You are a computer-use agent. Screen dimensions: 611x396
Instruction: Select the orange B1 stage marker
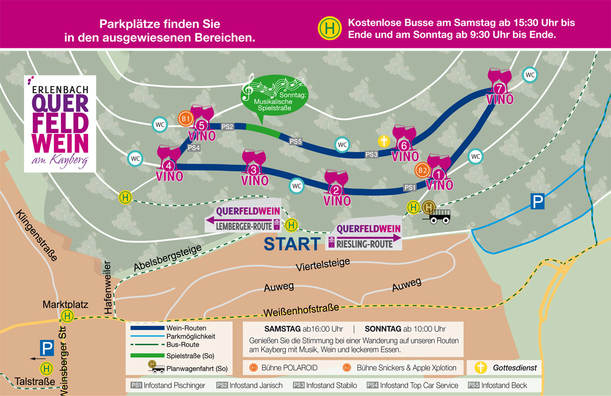point(185,119)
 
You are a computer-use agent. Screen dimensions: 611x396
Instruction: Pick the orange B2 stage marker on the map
point(422,171)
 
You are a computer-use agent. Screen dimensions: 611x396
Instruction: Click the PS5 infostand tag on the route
point(295,142)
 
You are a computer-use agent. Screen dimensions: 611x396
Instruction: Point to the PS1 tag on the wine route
point(410,187)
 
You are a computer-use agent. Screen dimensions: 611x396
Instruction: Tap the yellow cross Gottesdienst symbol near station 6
point(384,142)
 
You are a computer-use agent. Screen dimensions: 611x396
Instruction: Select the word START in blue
point(292,244)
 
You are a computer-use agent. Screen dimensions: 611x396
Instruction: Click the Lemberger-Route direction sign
point(243,219)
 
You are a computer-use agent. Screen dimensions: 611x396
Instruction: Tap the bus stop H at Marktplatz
point(67,317)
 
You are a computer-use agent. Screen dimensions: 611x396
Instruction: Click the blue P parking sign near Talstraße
point(47,348)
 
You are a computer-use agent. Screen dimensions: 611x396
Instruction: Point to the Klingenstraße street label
point(36,235)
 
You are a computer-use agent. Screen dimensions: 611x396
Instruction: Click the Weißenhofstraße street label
point(301,310)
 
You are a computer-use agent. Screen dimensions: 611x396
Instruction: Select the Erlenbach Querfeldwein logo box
point(60,124)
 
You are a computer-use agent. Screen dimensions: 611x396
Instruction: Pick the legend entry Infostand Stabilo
point(325,385)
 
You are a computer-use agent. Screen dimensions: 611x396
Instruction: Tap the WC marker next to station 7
point(530,75)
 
